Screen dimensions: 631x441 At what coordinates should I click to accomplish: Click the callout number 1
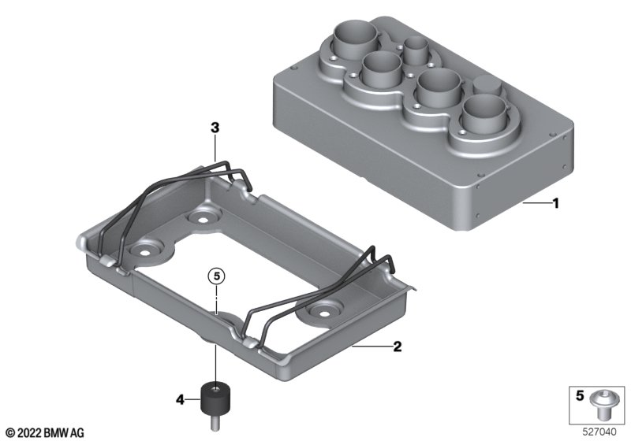coord(556,204)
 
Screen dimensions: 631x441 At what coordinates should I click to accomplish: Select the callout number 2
coord(398,346)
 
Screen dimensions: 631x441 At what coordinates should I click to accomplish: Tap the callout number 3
coord(215,128)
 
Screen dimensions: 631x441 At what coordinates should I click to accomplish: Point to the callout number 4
coord(181,399)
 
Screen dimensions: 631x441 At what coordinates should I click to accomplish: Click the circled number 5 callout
coord(216,276)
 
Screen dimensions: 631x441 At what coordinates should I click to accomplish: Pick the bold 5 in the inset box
coord(580,396)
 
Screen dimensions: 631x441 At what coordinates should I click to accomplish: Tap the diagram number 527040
coord(599,432)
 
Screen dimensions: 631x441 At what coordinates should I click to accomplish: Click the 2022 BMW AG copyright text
coord(46,433)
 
